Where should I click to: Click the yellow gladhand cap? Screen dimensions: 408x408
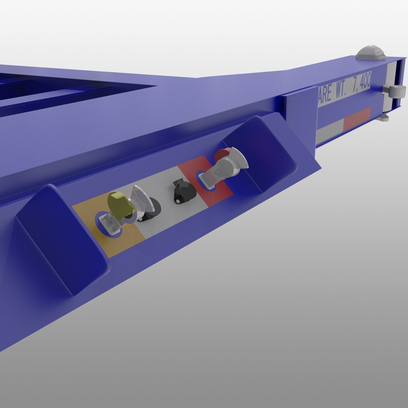(119, 204)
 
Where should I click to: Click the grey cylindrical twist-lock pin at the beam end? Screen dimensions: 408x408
(395, 91)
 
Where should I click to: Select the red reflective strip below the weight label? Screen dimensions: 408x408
(357, 118)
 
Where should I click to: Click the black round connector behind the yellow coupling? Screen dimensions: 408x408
(153, 210)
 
